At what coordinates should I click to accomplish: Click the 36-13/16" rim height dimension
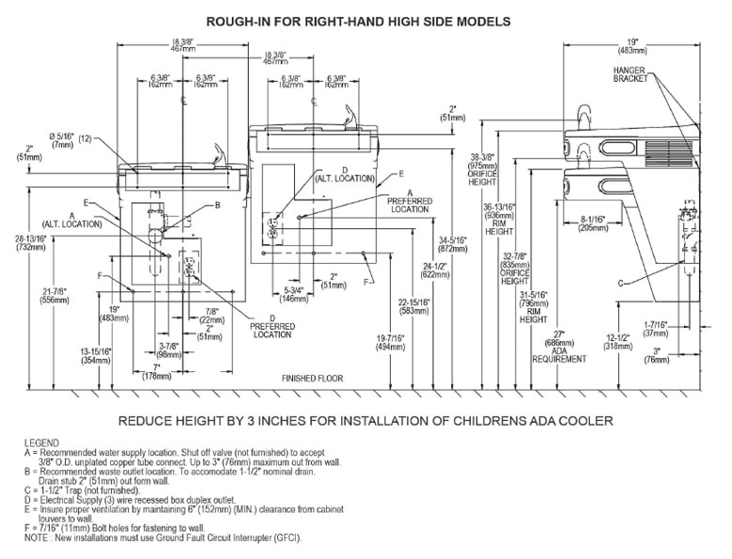point(498,220)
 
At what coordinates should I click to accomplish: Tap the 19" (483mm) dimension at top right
point(631,44)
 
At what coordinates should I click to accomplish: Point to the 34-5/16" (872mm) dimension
point(455,246)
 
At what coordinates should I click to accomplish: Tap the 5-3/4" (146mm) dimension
point(295,294)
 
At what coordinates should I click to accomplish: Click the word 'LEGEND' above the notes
point(43,442)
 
